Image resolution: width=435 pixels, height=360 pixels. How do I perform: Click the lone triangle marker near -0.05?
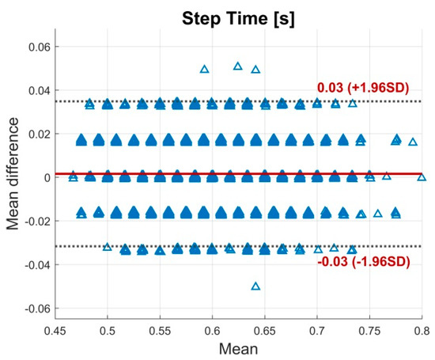point(255,286)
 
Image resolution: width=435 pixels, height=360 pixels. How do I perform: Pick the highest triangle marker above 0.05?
point(238,66)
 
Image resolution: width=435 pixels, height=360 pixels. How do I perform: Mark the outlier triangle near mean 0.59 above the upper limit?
point(205,70)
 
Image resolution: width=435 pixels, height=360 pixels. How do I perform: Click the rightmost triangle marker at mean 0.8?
point(422,177)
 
